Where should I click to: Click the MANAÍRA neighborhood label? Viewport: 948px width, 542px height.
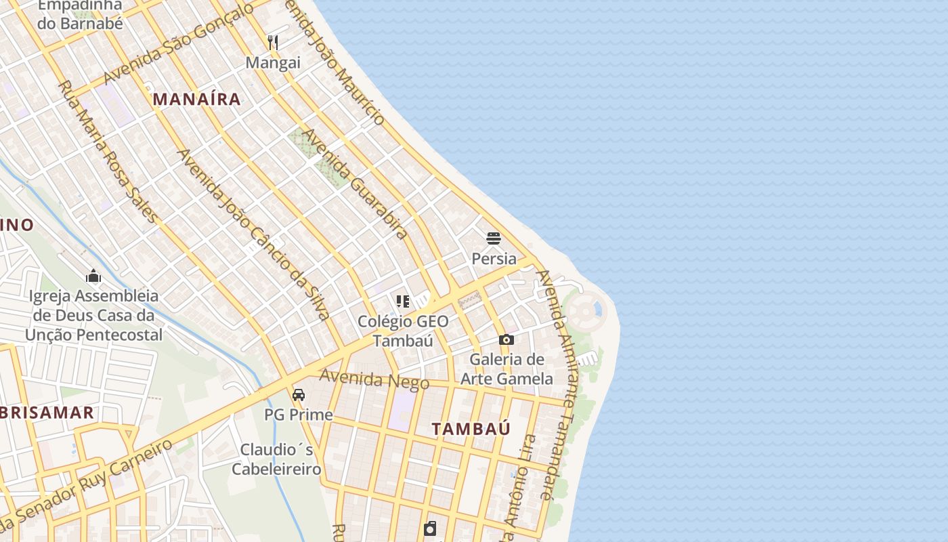(196, 99)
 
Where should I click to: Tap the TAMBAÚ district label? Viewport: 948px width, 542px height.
(471, 429)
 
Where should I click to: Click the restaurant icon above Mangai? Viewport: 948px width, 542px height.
(273, 43)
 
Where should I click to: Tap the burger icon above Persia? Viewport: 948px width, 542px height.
(494, 238)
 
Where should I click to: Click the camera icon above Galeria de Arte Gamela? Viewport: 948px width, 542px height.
(506, 339)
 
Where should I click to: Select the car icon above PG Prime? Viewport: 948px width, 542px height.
(298, 394)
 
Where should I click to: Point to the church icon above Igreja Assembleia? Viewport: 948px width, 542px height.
(93, 276)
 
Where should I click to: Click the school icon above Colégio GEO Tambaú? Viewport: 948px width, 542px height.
(403, 301)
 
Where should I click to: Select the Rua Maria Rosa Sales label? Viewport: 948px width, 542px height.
(108, 152)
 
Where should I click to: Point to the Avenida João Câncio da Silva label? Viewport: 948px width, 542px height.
(253, 234)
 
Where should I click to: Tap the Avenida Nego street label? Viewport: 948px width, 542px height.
(374, 379)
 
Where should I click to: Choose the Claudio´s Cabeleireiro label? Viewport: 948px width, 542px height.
(276, 459)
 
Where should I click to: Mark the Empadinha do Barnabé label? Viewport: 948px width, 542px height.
(80, 14)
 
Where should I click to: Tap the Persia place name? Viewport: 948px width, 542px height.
(494, 259)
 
